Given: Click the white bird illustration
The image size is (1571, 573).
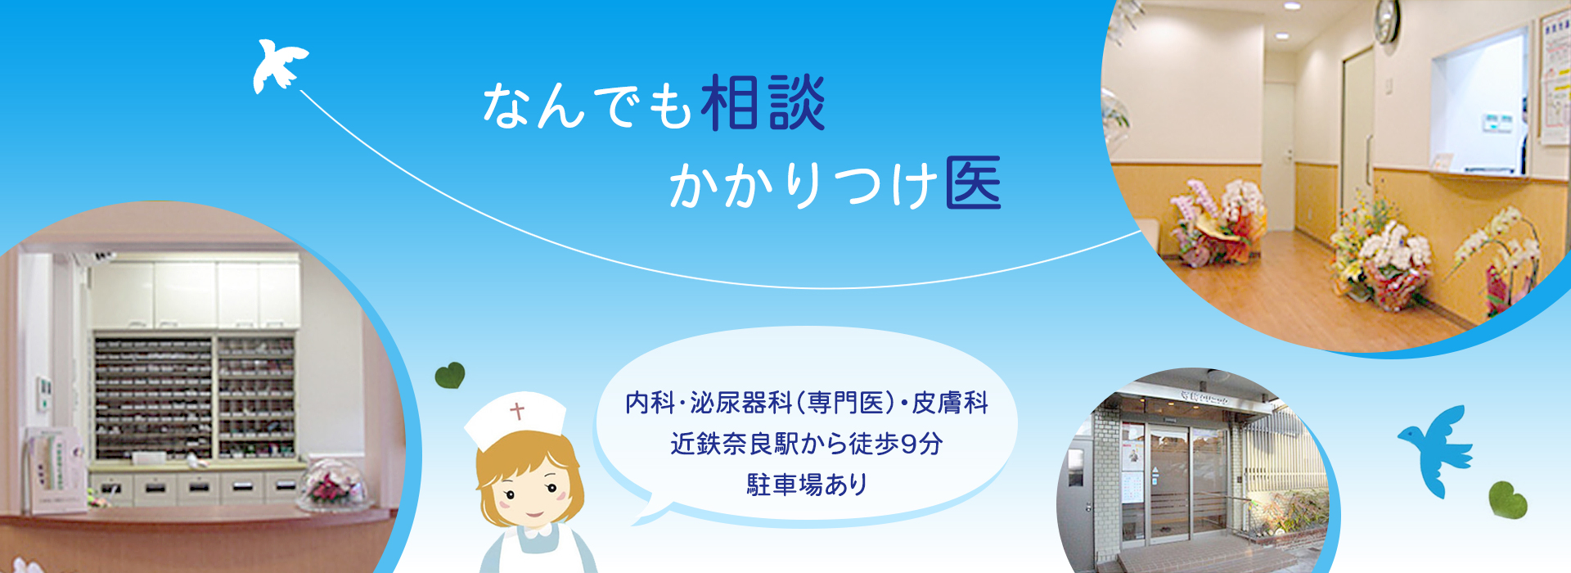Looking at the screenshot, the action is tap(278, 65).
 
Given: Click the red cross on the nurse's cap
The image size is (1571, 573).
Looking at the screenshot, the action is tap(517, 410).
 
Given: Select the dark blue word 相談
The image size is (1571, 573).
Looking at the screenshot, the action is tap(763, 103).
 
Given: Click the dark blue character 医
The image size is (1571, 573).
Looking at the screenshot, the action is tap(974, 182).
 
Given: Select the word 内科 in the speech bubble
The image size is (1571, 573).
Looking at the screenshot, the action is tap(650, 403).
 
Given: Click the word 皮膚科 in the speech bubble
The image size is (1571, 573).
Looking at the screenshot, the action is tap(950, 403).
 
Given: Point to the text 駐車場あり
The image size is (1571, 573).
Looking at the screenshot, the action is tap(807, 485).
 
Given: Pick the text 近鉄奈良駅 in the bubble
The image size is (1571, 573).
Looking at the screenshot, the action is tap(734, 444).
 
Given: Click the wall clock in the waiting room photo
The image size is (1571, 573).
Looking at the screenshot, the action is tap(1386, 23).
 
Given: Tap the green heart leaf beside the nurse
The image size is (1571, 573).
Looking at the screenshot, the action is tap(450, 376).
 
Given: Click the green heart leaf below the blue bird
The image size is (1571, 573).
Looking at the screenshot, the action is tap(1507, 499).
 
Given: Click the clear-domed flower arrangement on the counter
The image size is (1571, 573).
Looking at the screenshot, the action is tap(333, 484).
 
